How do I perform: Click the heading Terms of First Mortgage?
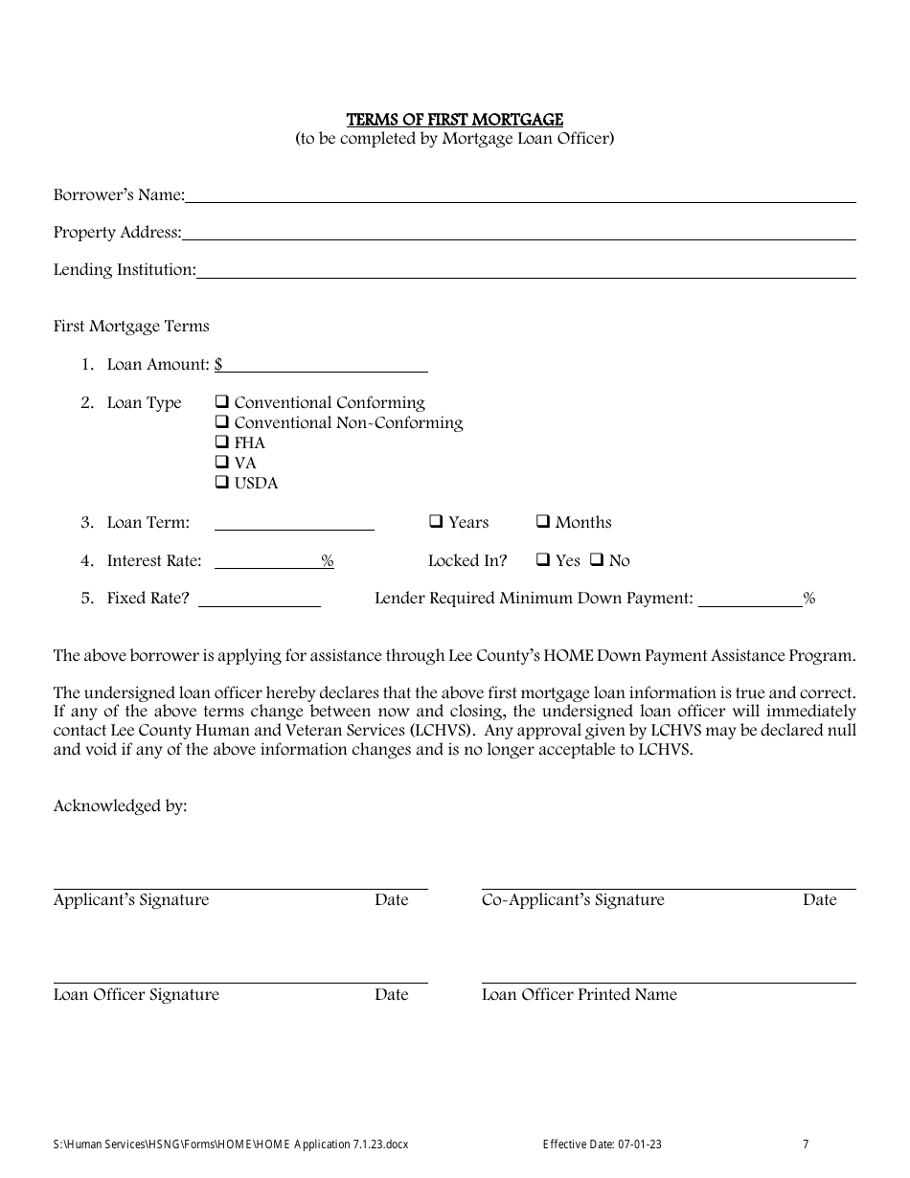click(454, 120)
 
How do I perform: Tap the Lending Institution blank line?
click(526, 270)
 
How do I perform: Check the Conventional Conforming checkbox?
click(221, 402)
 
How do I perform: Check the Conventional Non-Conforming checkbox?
click(221, 422)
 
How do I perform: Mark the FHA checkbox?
click(221, 442)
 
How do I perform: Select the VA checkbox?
click(221, 463)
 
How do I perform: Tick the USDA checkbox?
click(221, 483)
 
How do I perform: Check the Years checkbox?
click(435, 522)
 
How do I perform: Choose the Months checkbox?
click(542, 522)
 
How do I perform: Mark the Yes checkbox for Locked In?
click(542, 560)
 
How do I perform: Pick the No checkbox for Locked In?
click(596, 560)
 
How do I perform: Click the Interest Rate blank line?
click(267, 561)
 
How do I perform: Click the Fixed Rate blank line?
click(259, 600)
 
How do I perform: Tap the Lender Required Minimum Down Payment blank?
click(750, 600)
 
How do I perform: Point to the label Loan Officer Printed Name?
click(579, 995)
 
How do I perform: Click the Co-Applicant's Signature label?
click(572, 900)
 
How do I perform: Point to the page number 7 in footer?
click(806, 1144)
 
